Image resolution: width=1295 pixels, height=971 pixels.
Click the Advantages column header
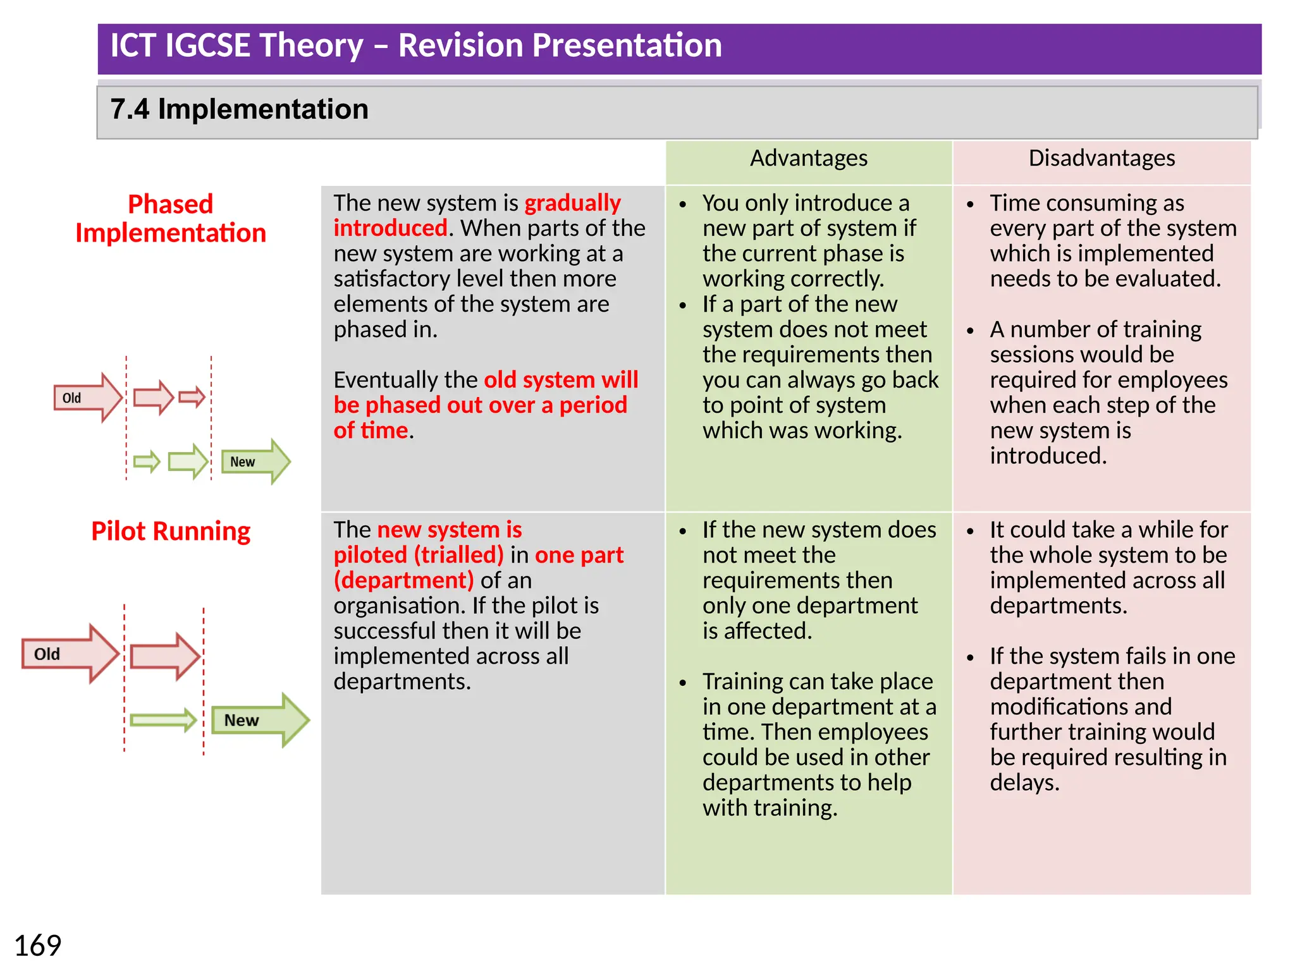point(808,158)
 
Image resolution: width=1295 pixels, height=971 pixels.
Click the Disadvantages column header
point(1101,158)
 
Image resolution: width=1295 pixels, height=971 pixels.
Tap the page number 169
point(37,946)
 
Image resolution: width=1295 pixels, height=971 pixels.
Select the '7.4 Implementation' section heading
point(239,109)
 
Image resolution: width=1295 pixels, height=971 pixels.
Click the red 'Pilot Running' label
point(171,531)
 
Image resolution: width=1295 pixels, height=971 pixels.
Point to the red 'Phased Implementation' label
point(171,218)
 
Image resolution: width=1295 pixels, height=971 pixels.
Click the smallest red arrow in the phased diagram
point(192,397)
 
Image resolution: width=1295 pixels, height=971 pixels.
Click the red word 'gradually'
point(572,203)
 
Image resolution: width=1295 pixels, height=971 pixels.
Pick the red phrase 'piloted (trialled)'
point(418,555)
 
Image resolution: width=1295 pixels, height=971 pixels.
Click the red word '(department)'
point(403,580)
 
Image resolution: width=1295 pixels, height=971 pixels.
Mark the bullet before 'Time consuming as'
point(970,204)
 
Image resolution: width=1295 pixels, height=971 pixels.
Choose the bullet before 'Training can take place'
point(683,683)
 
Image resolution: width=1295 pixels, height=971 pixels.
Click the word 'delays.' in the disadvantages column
point(1024,783)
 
